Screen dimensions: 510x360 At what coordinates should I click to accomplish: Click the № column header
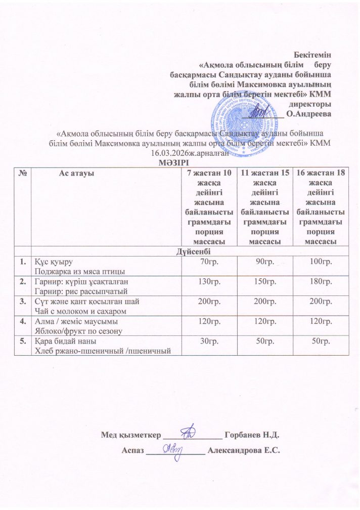[22, 173]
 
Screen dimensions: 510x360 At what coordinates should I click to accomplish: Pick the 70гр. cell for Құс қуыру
[209, 262]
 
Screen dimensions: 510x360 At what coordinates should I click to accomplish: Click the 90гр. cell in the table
[265, 262]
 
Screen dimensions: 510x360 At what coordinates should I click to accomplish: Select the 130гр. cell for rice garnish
[209, 281]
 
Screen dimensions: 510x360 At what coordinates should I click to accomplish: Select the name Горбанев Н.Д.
[251, 435]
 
